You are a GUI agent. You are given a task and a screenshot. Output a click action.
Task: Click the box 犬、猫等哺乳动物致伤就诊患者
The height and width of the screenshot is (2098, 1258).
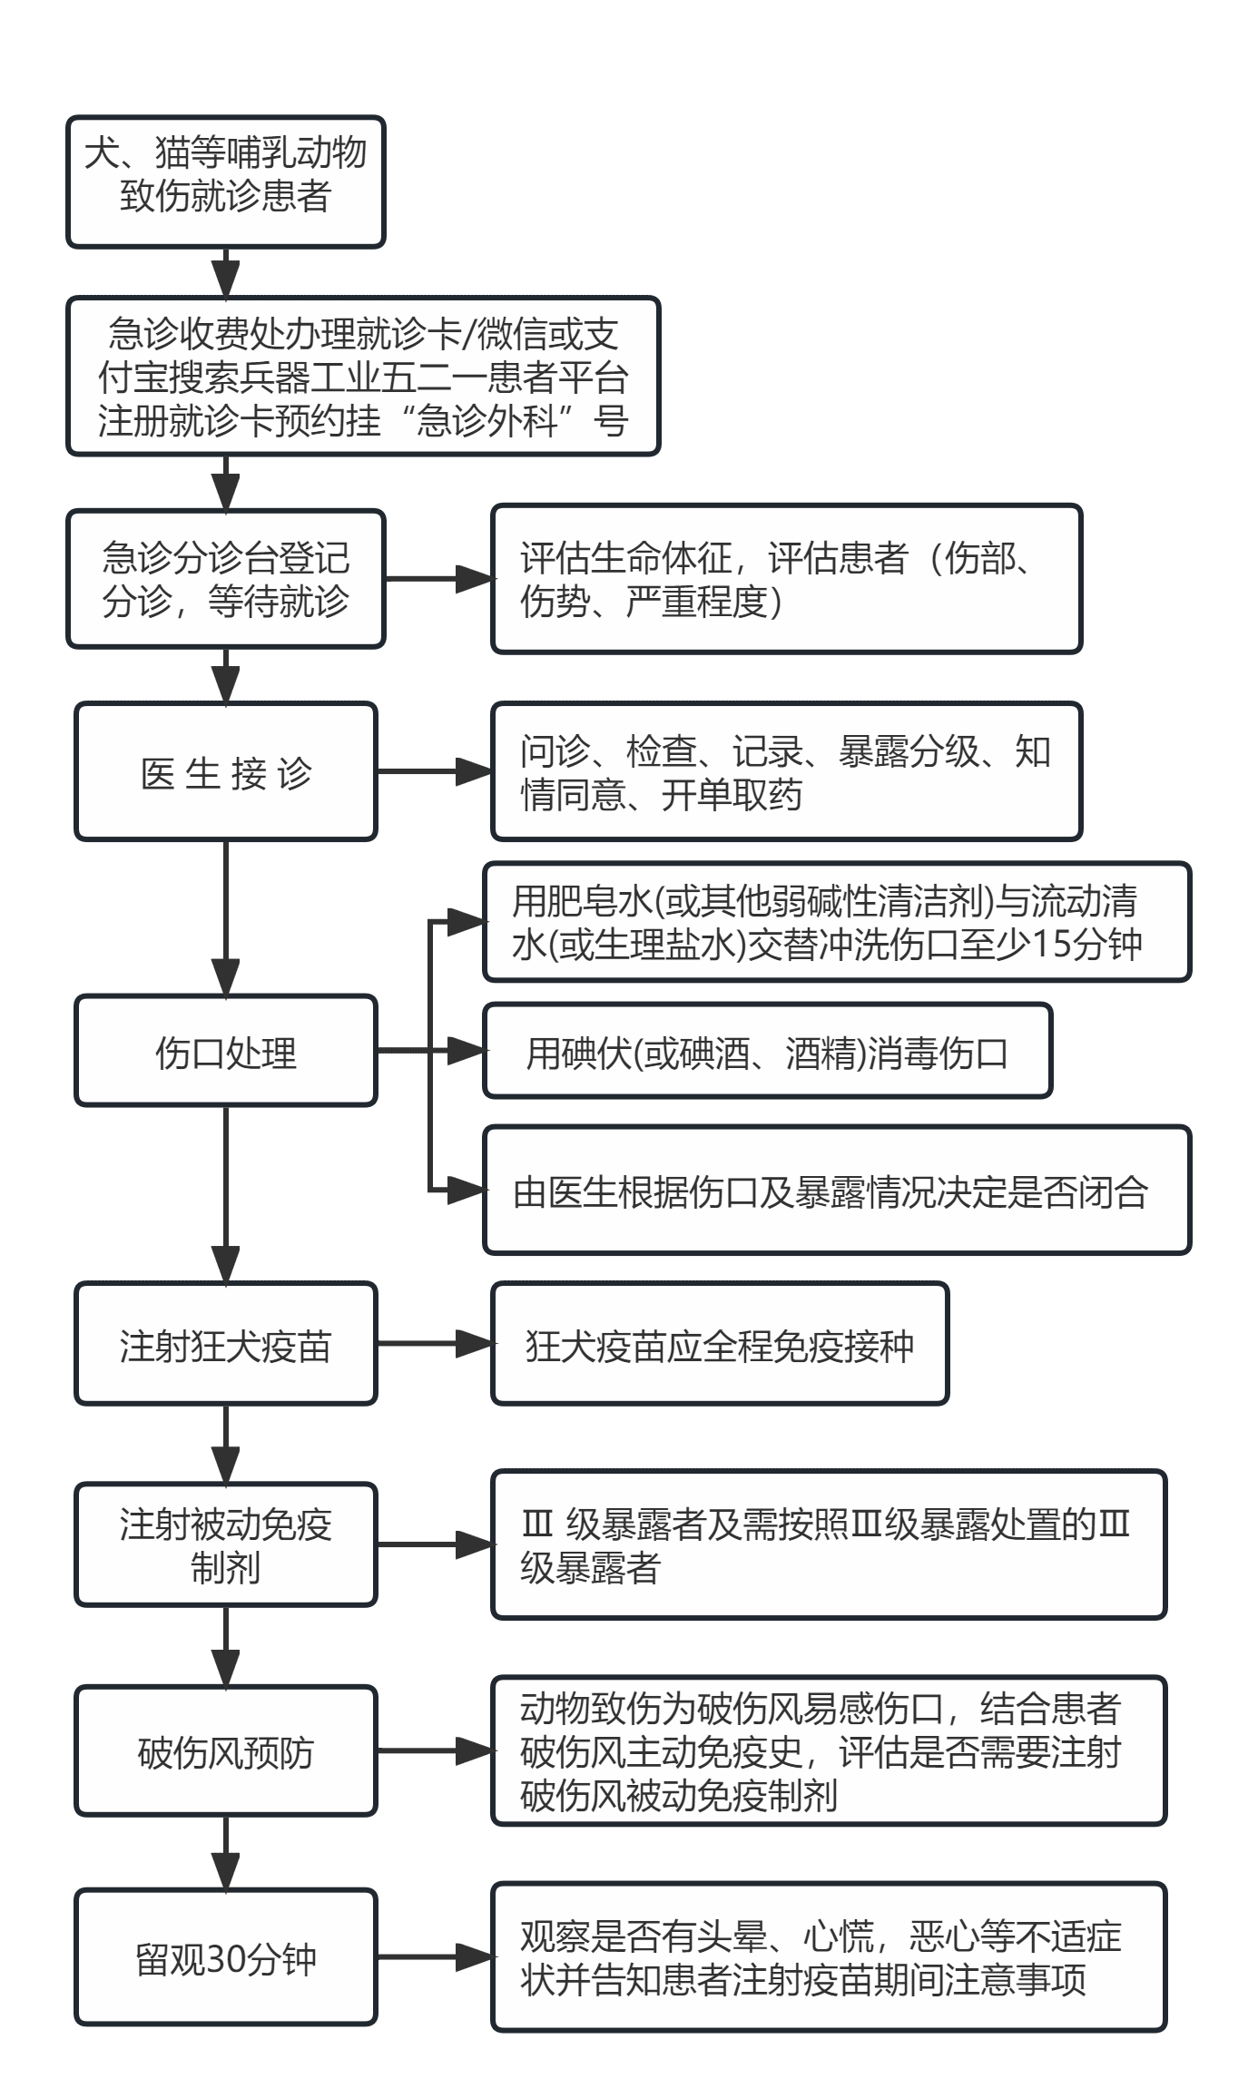pyautogui.click(x=226, y=181)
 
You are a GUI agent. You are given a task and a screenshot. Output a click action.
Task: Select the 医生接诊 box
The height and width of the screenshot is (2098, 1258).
pyautogui.click(x=226, y=771)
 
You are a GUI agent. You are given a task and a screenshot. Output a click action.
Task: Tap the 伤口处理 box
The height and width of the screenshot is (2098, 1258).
pyautogui.click(x=226, y=1051)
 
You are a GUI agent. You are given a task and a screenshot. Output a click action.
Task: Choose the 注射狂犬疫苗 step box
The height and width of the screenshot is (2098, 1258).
pyautogui.click(x=226, y=1343)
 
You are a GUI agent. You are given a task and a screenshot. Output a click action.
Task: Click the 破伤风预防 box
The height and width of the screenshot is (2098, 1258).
pyautogui.click(x=226, y=1750)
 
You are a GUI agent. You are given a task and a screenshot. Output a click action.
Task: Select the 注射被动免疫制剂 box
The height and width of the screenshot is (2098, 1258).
pyautogui.click(x=226, y=1544)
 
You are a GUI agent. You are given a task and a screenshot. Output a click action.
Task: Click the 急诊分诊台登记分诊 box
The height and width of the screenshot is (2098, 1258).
pyautogui.click(x=226, y=579)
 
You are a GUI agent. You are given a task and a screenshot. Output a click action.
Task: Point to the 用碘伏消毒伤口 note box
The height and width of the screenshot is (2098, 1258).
pyautogui.click(x=768, y=1051)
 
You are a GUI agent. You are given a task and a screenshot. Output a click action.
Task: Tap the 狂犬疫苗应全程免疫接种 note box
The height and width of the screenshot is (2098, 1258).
pyautogui.click(x=720, y=1343)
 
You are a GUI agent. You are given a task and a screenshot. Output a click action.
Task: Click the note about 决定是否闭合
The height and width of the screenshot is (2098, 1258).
pyautogui.click(x=837, y=1191)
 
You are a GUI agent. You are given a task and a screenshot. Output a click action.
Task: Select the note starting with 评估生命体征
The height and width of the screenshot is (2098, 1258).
pyautogui.click(x=787, y=579)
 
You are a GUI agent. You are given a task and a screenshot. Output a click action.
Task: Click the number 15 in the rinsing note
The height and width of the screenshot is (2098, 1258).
pyautogui.click(x=1052, y=944)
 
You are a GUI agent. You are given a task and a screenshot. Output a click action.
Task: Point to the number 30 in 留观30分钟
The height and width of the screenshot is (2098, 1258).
pyautogui.click(x=227, y=1959)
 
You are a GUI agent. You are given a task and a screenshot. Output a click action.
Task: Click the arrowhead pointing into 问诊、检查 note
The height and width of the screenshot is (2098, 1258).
pyautogui.click(x=474, y=771)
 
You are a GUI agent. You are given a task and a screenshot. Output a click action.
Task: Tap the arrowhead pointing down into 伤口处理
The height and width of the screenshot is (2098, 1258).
pyautogui.click(x=225, y=977)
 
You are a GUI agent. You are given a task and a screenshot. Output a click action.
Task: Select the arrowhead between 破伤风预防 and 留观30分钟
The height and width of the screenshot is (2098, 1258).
pyautogui.click(x=225, y=1871)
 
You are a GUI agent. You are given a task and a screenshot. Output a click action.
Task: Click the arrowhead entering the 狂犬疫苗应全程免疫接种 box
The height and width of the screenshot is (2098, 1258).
pyautogui.click(x=474, y=1343)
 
